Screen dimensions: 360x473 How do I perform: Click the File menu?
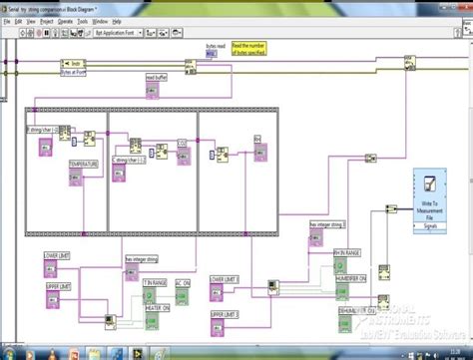coord(7,20)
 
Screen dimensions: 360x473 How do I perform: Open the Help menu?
coord(117,20)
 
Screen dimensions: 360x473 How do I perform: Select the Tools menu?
coord(84,20)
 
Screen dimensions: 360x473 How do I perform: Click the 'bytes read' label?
coord(217,46)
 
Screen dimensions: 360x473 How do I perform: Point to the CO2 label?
coord(182,143)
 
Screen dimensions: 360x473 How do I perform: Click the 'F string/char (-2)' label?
coord(44,131)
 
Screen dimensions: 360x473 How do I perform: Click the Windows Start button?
coord(9,351)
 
